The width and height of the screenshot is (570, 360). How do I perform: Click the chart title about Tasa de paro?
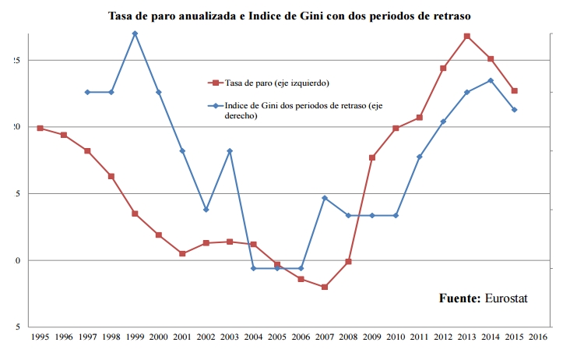coord(289,15)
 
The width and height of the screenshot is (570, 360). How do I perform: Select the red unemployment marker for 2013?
coord(467,36)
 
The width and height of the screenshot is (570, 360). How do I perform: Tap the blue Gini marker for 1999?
coord(135,34)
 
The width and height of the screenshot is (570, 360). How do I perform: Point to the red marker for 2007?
coord(325,287)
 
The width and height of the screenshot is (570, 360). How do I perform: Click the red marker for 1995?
coord(40,128)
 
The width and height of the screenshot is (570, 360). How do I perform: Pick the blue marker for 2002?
coord(206,210)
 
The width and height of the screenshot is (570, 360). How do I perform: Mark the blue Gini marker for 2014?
coord(491,80)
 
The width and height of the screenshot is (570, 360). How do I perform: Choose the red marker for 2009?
coord(372,157)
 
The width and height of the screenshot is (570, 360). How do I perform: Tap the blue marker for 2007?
coord(325,198)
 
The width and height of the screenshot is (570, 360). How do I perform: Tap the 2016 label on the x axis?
coord(538,337)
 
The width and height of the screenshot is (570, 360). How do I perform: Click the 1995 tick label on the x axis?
coord(40,337)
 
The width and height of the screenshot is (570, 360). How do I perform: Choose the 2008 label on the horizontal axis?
coord(348,337)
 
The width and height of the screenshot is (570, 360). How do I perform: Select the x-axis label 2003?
coord(230,337)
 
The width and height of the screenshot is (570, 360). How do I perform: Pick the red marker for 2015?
coord(515,90)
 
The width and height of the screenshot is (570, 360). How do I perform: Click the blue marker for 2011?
coord(420,157)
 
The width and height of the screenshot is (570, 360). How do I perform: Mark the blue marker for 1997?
coord(87,92)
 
